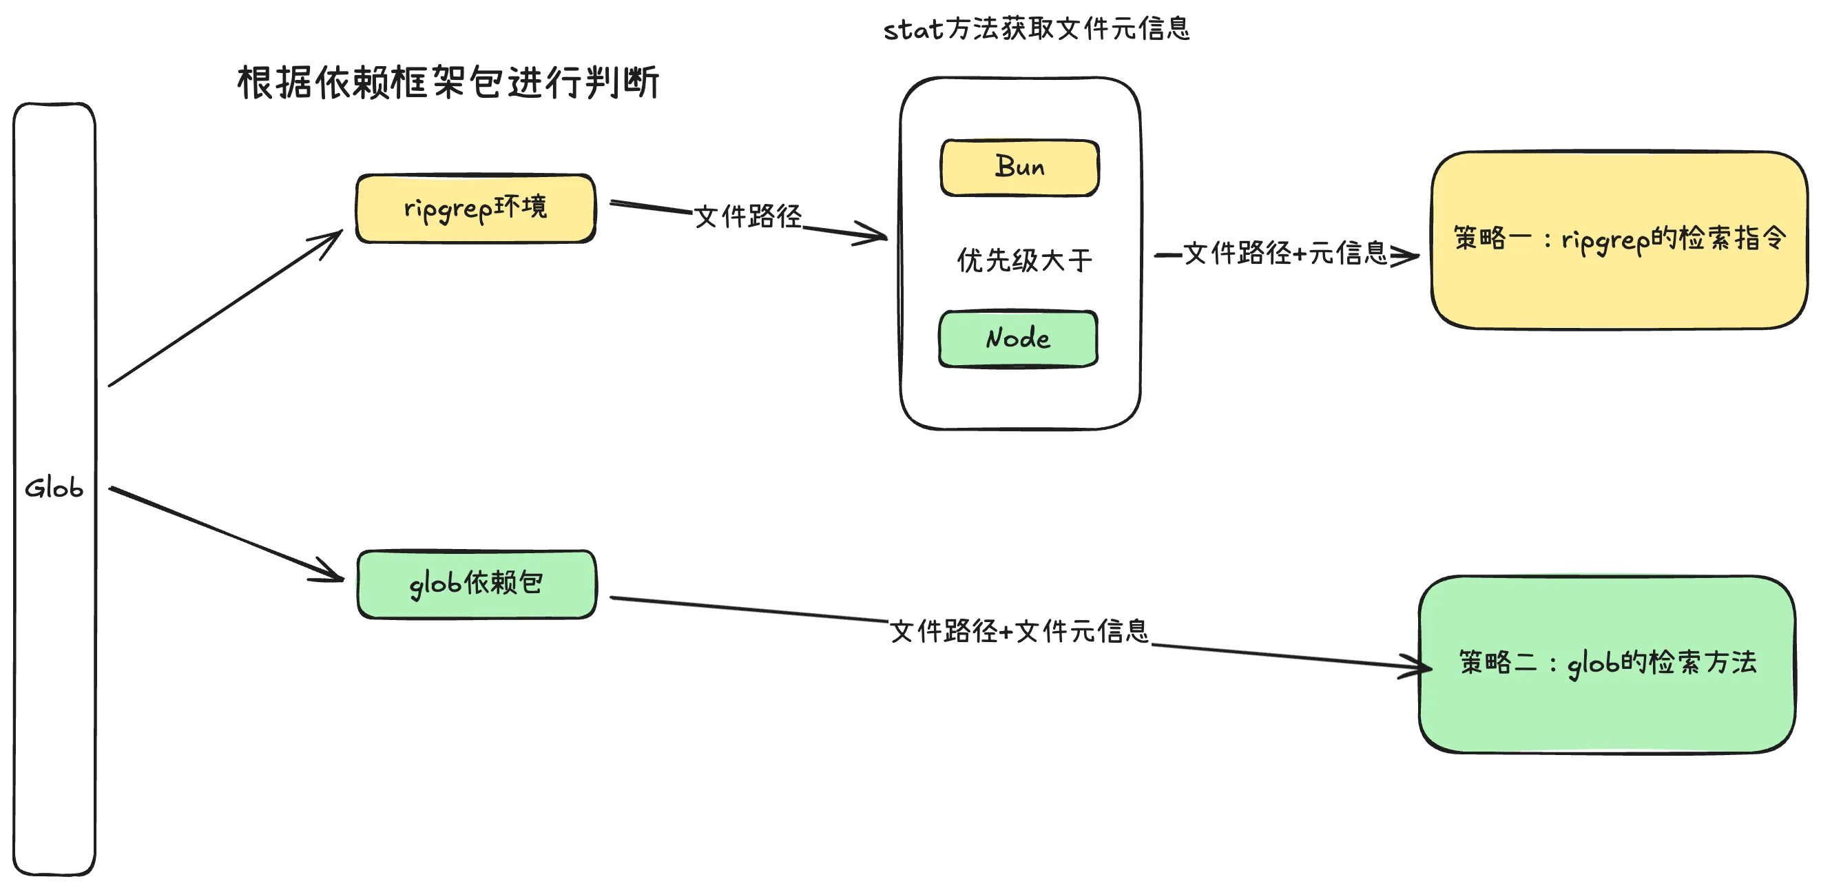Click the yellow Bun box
(1019, 167)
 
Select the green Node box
(1018, 339)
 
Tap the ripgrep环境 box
(475, 209)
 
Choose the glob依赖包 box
(477, 584)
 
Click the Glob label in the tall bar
(54, 488)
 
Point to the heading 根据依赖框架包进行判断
(448, 83)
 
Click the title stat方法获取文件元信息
(1037, 29)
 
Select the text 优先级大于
(1024, 260)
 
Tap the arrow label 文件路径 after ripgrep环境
(748, 216)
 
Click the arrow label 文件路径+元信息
(1285, 253)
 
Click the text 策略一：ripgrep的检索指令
(1619, 239)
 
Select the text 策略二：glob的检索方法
(1607, 663)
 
